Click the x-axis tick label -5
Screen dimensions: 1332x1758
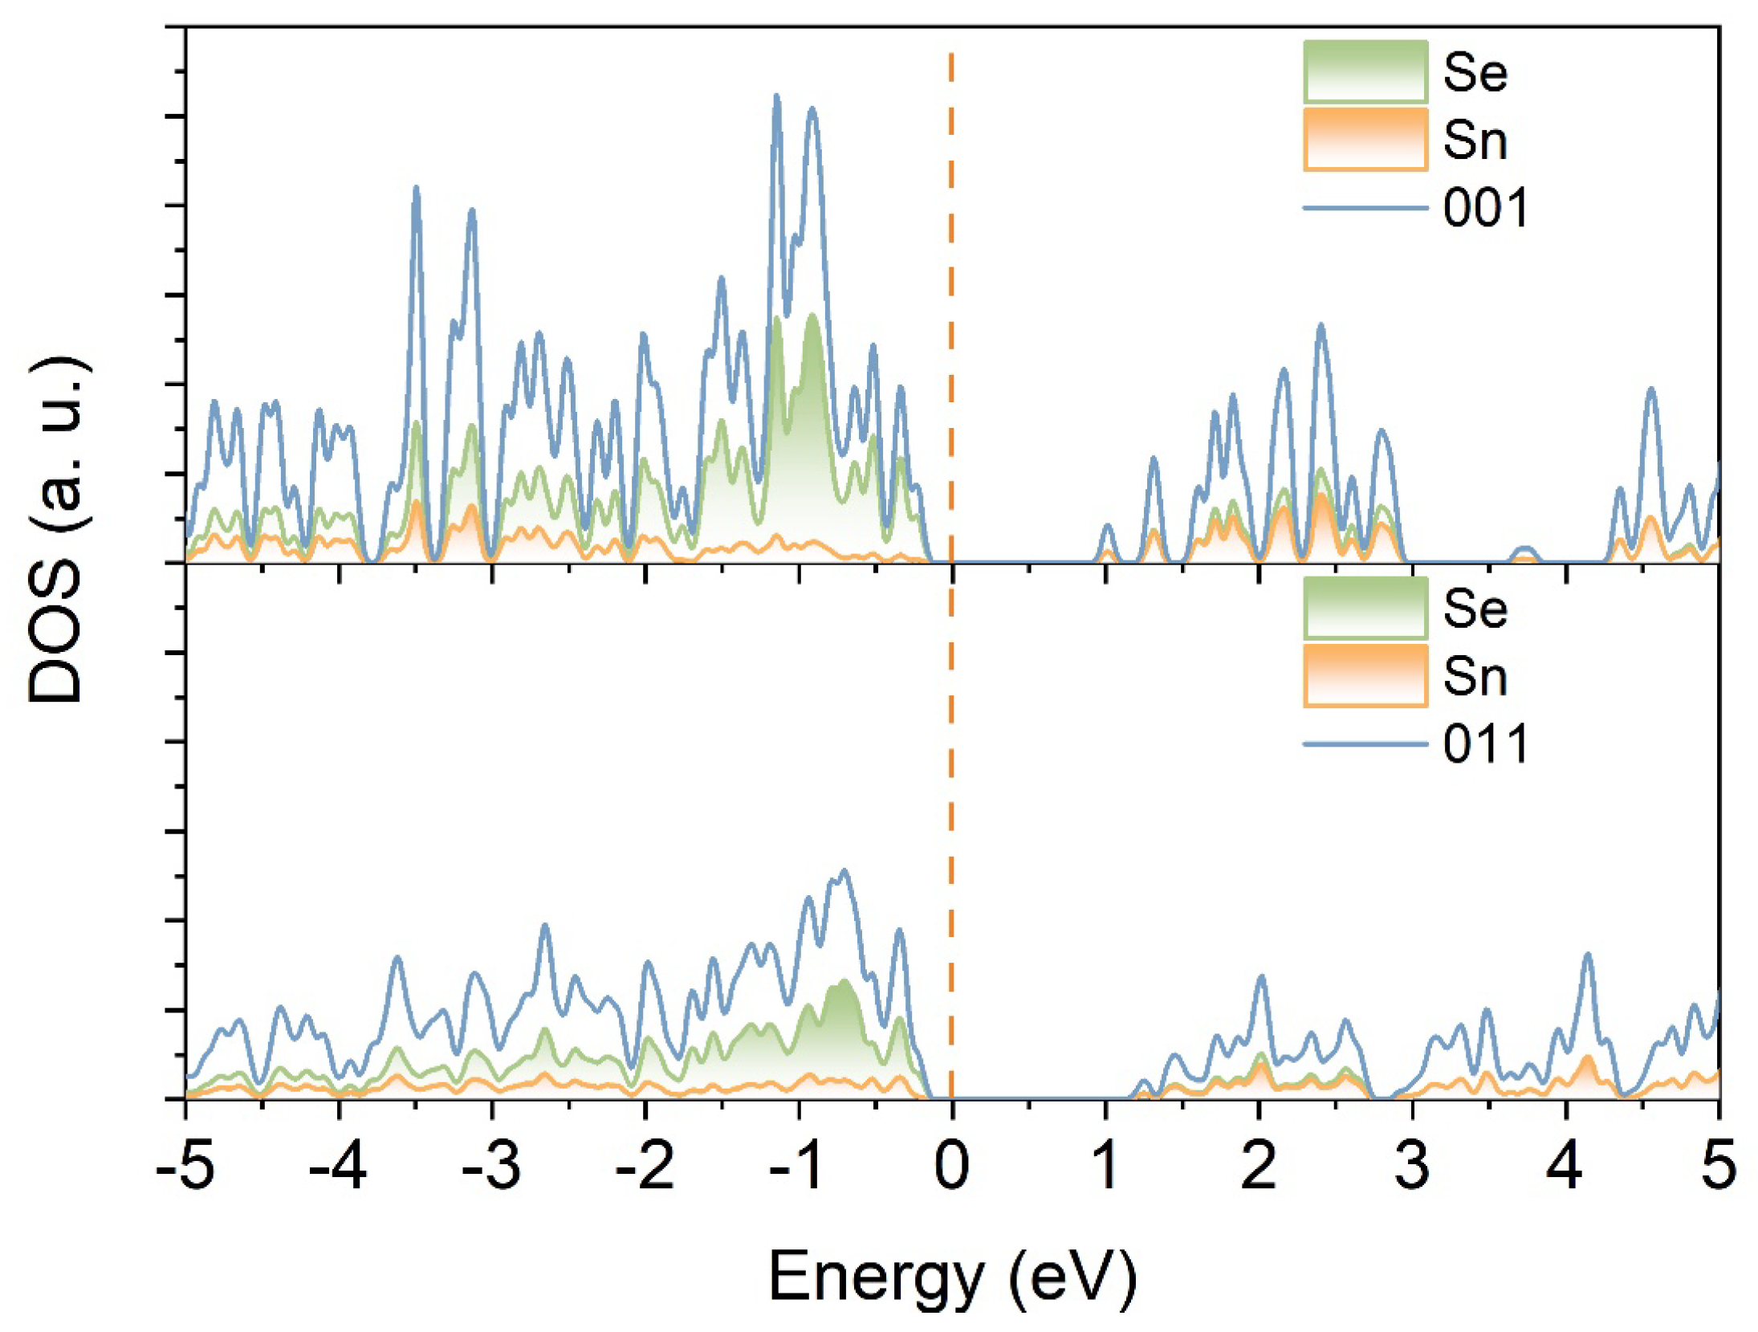[x=185, y=1167]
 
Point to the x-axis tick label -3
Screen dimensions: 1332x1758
[x=491, y=1167]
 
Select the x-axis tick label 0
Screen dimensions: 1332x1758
[x=952, y=1167]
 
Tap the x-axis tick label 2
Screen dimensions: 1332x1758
[x=1258, y=1167]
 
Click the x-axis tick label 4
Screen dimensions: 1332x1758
[x=1565, y=1167]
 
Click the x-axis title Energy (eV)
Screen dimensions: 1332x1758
[x=952, y=1277]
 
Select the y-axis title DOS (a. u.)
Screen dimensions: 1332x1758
[x=56, y=530]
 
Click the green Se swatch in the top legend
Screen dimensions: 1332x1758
[x=1365, y=71]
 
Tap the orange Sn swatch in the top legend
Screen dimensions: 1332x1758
[x=1365, y=140]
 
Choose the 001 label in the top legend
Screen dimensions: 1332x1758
[x=1485, y=208]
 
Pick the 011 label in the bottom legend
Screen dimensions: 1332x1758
[x=1485, y=744]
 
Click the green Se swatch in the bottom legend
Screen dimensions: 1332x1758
[x=1365, y=608]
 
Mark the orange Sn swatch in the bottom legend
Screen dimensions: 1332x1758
[x=1365, y=676]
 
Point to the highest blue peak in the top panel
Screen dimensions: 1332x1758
[x=776, y=96]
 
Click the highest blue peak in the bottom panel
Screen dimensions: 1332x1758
[x=844, y=870]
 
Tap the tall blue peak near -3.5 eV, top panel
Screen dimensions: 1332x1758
[x=416, y=189]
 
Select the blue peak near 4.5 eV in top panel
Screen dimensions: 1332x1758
[x=1651, y=389]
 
